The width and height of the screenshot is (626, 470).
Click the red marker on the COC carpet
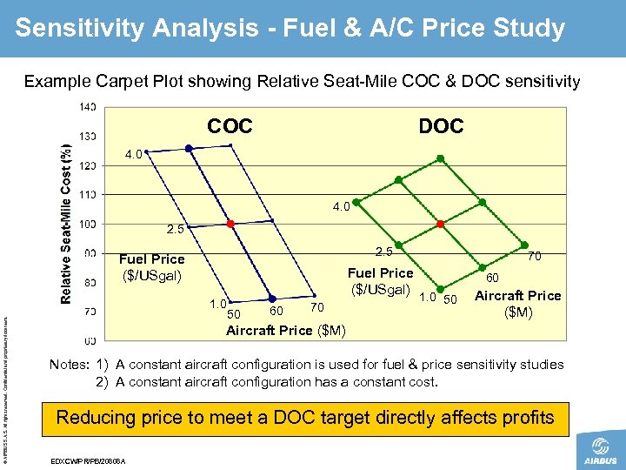[x=230, y=224]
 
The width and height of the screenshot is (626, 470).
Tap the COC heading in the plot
[x=230, y=127]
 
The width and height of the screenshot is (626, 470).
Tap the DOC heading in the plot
[x=441, y=127]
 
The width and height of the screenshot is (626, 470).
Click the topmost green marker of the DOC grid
[x=440, y=158]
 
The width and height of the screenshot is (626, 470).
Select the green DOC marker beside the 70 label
[x=524, y=245]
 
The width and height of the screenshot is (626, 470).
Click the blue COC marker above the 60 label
[x=272, y=299]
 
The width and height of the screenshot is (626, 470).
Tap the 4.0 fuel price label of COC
[x=133, y=154]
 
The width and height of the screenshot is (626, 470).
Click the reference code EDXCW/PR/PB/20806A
[x=90, y=460]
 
